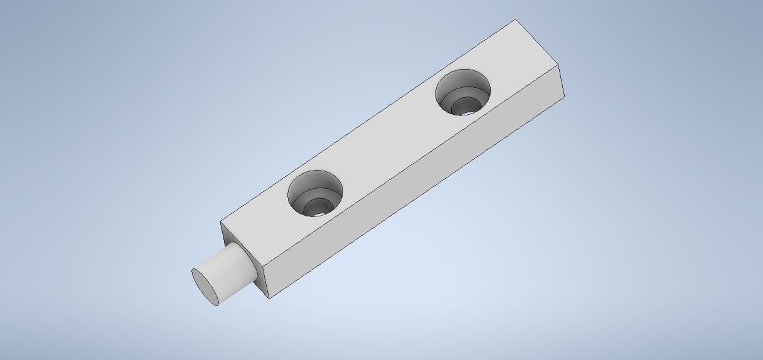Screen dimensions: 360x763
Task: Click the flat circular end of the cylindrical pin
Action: [205, 287]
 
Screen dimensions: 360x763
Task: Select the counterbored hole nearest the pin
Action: [316, 193]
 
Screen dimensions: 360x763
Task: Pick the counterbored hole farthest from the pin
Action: [464, 92]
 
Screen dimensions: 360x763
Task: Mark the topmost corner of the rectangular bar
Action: [516, 19]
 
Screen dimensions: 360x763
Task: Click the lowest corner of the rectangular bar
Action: [270, 298]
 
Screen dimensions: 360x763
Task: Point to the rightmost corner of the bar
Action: [564, 97]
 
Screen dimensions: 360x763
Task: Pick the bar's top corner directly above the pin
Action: [220, 222]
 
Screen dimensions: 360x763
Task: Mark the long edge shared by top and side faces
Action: [408, 163]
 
